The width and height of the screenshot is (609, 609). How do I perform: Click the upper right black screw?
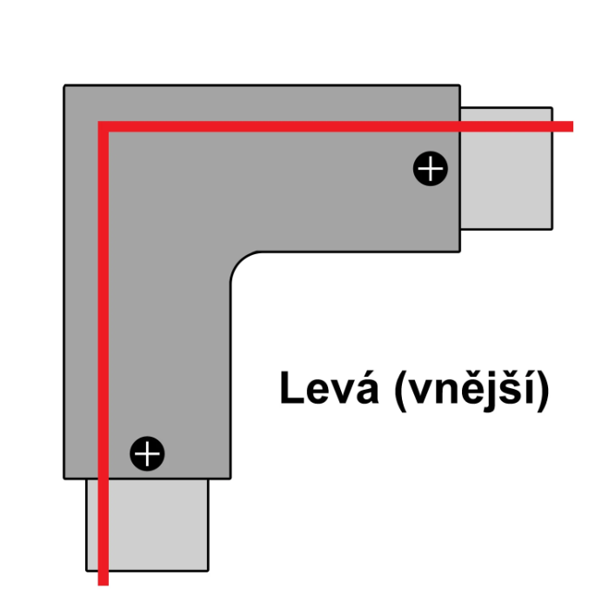(430, 168)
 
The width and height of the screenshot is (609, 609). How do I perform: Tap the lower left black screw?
(147, 452)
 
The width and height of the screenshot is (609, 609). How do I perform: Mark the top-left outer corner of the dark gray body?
(65, 86)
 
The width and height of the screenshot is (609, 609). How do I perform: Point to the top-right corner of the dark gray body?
(458, 86)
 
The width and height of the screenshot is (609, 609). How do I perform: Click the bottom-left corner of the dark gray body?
(65, 477)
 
